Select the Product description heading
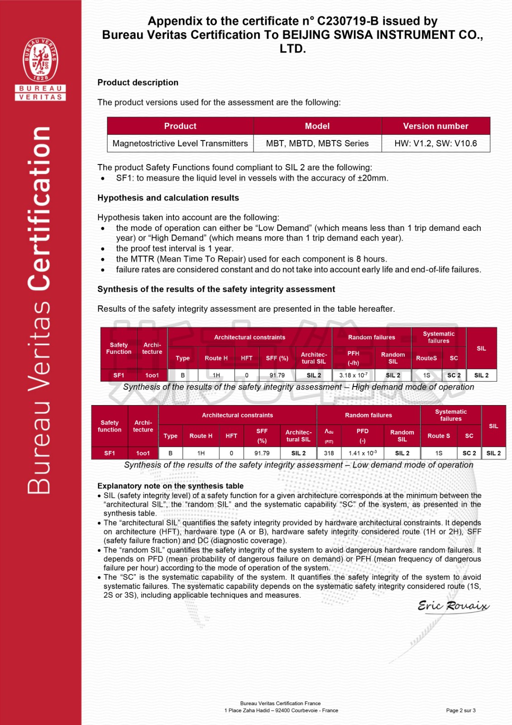(138, 82)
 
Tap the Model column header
(317, 126)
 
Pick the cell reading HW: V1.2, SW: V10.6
(435, 144)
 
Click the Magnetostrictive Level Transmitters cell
(180, 144)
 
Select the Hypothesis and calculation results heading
(168, 198)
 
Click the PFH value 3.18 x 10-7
(353, 375)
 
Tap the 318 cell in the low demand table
(329, 453)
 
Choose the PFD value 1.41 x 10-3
(362, 453)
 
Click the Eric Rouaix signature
(453, 606)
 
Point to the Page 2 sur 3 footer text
(460, 710)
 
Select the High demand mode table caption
(298, 387)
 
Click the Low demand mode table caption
(298, 465)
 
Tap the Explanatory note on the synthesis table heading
(170, 486)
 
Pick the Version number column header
(435, 126)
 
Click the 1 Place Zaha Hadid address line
(281, 710)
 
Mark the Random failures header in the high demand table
(371, 337)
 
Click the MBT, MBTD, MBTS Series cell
(317, 144)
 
